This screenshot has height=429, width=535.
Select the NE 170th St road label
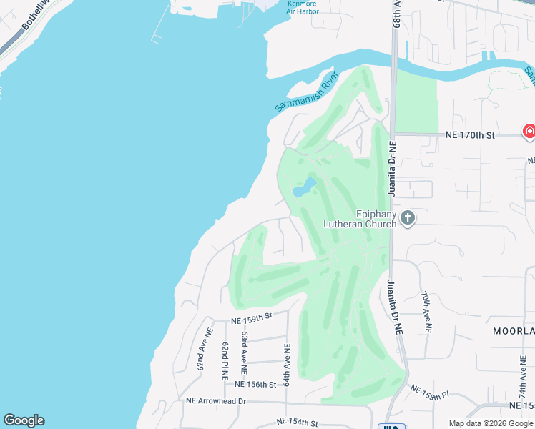(470, 134)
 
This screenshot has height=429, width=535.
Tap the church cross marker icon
(408, 217)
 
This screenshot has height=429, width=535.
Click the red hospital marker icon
(529, 131)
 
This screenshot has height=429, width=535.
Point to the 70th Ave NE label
(426, 312)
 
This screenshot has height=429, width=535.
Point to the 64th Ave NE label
(286, 365)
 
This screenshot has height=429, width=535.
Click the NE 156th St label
(255, 385)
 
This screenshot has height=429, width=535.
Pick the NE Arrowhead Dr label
(215, 402)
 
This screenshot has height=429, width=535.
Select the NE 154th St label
(296, 423)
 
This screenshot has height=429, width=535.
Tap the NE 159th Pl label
(430, 393)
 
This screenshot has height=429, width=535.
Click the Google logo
(24, 420)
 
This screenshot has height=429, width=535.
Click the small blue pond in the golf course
(305, 188)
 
